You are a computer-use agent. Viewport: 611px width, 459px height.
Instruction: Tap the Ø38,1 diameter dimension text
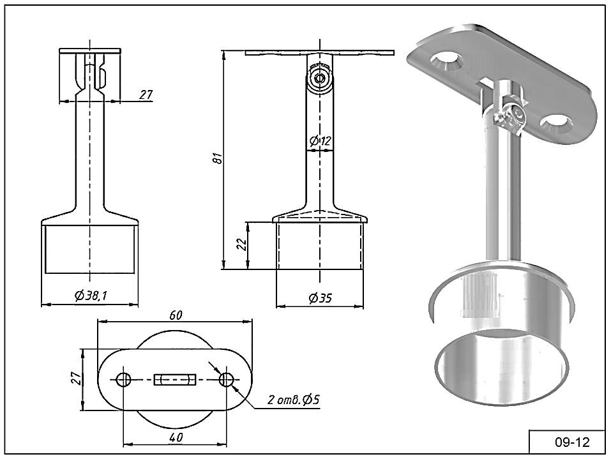tap(89, 296)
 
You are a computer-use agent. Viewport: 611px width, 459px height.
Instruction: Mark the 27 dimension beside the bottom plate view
tap(75, 379)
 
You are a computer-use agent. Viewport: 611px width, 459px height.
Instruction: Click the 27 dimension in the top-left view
tap(146, 94)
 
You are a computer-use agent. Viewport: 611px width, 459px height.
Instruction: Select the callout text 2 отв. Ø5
tap(294, 400)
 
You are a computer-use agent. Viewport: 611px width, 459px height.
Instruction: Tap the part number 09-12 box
tap(567, 442)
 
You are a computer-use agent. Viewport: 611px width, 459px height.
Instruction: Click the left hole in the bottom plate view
tap(124, 380)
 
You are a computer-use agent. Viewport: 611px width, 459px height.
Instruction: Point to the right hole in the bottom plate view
tap(225, 380)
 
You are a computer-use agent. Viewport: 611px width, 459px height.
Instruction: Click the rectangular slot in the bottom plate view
tap(174, 380)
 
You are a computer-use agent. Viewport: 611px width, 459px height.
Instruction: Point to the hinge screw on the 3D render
tap(512, 119)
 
